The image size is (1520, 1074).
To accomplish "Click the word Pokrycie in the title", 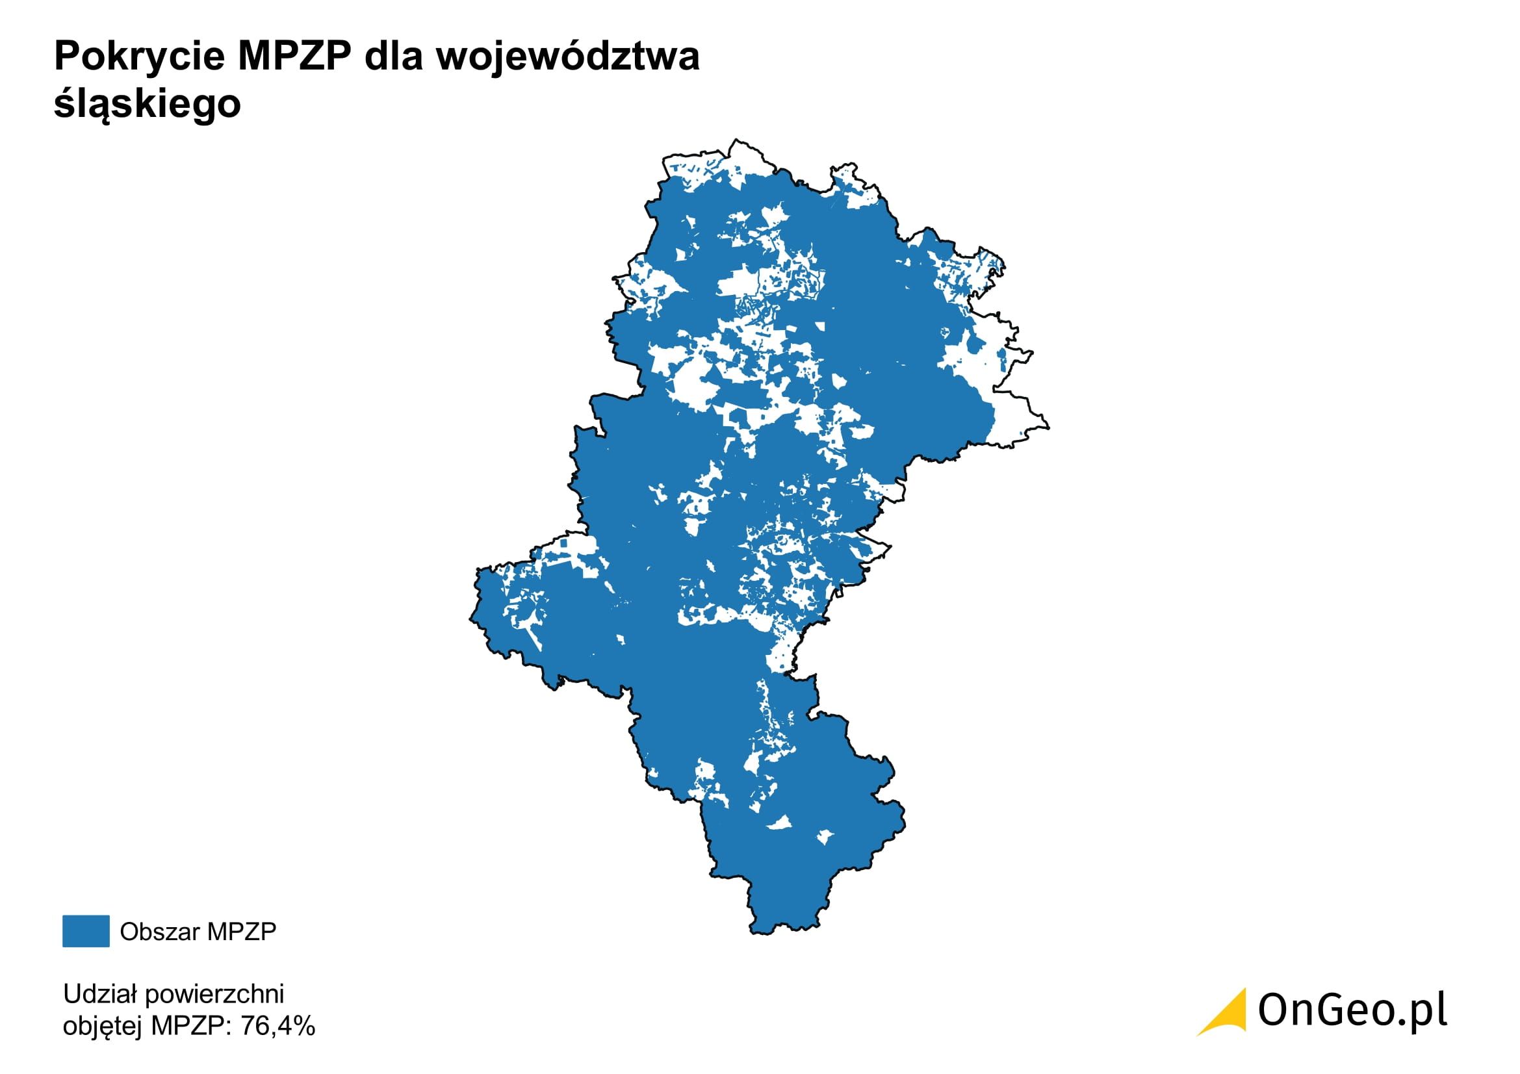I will (140, 57).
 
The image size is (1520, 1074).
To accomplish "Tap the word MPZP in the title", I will (294, 57).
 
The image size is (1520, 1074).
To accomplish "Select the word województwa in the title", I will (567, 57).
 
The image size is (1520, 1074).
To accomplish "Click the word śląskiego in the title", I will (147, 105).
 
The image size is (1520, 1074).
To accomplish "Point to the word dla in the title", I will (393, 57).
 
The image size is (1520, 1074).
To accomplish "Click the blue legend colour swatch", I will (86, 931).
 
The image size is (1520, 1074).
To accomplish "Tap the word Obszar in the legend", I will (160, 932).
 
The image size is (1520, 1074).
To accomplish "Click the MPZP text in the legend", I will (242, 932).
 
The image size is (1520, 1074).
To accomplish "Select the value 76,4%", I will (278, 1026).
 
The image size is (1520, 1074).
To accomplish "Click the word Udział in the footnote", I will (100, 994).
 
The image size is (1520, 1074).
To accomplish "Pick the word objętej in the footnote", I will (103, 1027).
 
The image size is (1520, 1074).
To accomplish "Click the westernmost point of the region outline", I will (470, 619).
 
